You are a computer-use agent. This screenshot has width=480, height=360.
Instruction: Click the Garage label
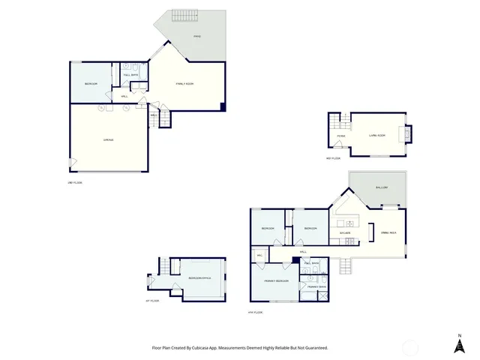(97, 140)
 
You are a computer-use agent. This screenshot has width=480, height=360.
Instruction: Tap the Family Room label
(185, 84)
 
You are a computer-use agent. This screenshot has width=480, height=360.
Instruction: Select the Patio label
(197, 36)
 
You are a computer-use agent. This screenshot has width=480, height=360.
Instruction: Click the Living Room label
(376, 135)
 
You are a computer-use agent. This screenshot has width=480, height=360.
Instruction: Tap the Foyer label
(340, 136)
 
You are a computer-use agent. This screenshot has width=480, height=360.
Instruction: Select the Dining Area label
(389, 235)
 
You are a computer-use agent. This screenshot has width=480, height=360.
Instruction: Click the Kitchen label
(346, 232)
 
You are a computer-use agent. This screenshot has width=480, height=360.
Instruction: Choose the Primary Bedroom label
(277, 280)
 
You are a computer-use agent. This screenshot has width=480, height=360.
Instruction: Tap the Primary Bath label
(313, 286)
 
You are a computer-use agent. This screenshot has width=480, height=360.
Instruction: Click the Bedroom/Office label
(199, 277)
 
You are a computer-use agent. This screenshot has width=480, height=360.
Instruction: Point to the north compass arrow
(459, 343)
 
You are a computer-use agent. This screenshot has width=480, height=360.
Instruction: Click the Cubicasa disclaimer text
(240, 347)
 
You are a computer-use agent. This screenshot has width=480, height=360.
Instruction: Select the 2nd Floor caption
(75, 182)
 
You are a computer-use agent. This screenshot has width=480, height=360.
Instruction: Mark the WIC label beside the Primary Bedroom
(259, 256)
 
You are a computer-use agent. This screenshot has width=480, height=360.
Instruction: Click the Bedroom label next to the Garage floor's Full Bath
(91, 83)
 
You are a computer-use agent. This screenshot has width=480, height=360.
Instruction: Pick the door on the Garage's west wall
(71, 163)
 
